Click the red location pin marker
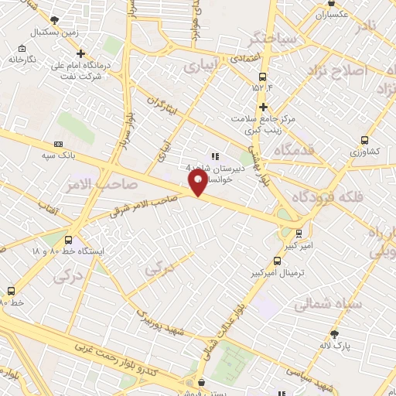pyautogui.click(x=198, y=183)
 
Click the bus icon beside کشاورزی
pyautogui.click(x=364, y=141)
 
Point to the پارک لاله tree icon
pyautogui.click(x=334, y=334)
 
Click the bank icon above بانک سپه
pyautogui.click(x=59, y=144)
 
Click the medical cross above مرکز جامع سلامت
pyautogui.click(x=263, y=107)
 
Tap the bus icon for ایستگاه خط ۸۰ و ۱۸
pyautogui.click(x=70, y=240)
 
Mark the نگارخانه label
pyautogui.click(x=23, y=59)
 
